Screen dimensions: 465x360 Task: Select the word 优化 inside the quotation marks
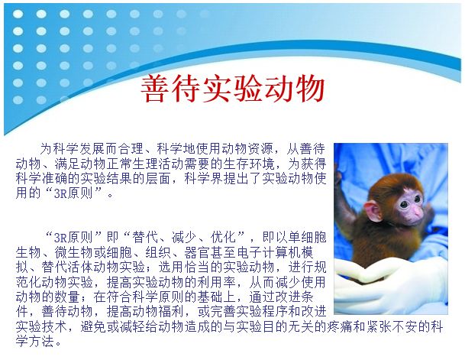[x=223, y=238]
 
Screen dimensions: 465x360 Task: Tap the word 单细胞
[x=307, y=238]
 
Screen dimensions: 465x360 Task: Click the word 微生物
[x=73, y=252]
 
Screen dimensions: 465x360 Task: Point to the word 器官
[x=197, y=252]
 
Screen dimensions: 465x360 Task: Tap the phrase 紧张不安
[x=391, y=327]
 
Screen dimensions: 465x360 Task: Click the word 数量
[x=66, y=297]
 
